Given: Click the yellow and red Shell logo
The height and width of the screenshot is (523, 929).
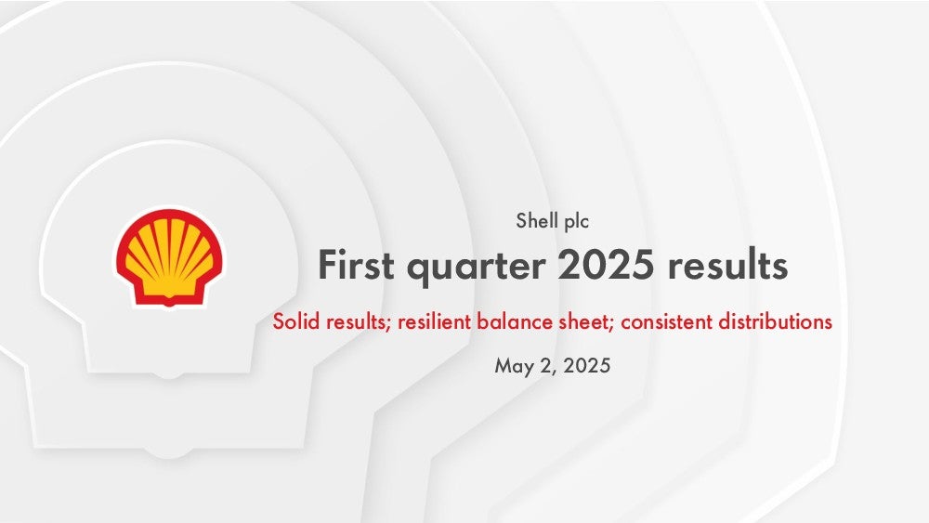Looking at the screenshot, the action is tap(169, 257).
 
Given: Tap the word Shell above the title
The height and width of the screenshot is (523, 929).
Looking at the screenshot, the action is tap(537, 220).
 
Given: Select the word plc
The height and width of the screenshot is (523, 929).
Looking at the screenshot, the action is tap(577, 221).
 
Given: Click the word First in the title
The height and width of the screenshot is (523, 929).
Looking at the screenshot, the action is tap(356, 264).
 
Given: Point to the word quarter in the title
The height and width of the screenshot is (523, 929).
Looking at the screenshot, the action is tap(476, 266).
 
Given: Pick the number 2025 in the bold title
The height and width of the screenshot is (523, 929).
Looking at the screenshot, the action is tap(606, 264).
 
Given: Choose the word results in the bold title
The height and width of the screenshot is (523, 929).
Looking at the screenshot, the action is tap(727, 264).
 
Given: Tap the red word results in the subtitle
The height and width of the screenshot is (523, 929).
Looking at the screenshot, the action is tap(359, 321).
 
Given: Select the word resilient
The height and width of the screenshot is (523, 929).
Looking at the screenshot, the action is tap(434, 321).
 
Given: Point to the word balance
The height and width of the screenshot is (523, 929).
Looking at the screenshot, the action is tap(515, 321).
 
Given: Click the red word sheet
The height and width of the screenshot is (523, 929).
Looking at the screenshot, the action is tap(584, 321).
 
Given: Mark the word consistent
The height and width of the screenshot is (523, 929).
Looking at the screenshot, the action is tap(666, 321).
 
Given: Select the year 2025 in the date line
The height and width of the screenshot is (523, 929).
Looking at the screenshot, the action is tap(586, 365).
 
